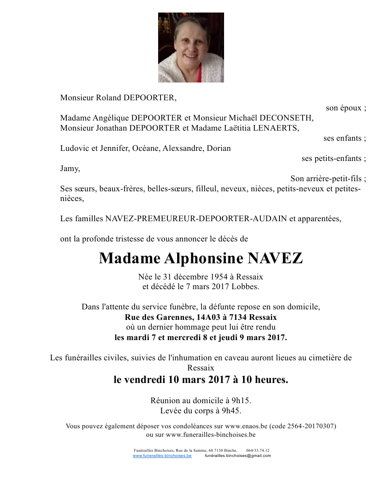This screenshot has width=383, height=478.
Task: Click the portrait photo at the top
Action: [x=191, y=47]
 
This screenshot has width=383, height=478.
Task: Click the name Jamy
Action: [x=70, y=168]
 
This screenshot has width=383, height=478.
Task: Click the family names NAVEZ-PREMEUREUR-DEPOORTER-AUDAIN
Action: [x=196, y=219]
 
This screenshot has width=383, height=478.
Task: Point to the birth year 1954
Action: [x=220, y=277]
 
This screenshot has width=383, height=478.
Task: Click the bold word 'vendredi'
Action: [x=144, y=380]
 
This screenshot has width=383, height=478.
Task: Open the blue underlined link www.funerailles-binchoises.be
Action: [x=162, y=455]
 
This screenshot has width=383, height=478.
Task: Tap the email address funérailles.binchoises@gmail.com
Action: [x=238, y=455]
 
